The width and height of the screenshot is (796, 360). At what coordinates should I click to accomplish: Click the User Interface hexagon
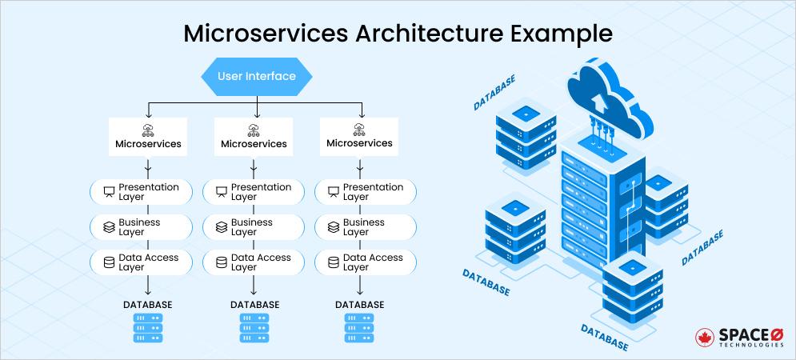[x=256, y=77]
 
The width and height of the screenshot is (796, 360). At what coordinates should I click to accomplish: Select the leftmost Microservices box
[x=147, y=138]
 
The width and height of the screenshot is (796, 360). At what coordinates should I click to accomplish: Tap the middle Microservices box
[x=254, y=138]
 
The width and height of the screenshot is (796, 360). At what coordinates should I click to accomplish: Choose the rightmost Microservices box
[x=359, y=138]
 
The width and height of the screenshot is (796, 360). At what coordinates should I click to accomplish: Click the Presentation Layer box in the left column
[x=142, y=192]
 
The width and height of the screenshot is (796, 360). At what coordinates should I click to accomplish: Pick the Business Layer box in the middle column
[x=254, y=227]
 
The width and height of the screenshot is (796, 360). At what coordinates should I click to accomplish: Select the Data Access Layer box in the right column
[x=366, y=262]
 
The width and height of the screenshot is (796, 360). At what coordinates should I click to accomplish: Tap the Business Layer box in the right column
[x=366, y=227]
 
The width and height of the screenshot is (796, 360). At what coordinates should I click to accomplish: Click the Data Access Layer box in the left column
[x=142, y=262]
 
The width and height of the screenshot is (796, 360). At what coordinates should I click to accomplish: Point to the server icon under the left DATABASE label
[x=147, y=328]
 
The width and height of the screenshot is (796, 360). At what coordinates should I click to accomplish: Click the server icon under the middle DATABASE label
[x=254, y=328]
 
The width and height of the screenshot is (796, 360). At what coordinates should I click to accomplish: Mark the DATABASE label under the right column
[x=359, y=305]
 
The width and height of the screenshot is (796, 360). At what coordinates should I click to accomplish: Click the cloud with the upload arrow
[x=602, y=96]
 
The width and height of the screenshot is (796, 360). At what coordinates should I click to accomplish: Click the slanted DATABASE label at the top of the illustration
[x=494, y=93]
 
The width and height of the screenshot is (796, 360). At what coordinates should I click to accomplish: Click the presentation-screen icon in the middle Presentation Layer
[x=221, y=192]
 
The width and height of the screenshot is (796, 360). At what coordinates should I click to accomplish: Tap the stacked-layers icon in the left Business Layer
[x=109, y=227]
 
